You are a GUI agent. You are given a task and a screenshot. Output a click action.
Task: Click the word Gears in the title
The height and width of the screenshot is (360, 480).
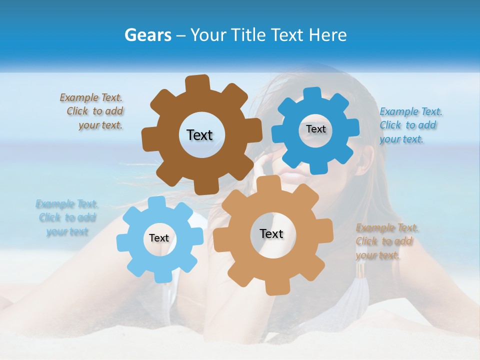pos(147,35)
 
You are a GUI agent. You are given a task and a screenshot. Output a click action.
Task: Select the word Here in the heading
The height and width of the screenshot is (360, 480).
pos(328,35)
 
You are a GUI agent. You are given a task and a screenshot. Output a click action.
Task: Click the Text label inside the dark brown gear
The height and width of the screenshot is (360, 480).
pos(199,135)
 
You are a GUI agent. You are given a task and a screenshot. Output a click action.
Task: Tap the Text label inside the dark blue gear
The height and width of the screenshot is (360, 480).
pos(315,129)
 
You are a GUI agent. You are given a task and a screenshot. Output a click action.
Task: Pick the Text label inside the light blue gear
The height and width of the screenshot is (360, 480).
pos(159,238)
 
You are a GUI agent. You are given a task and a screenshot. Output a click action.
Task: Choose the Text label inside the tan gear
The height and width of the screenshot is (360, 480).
pos(271,233)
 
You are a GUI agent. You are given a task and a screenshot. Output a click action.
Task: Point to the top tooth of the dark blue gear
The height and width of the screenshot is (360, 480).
pos(312,94)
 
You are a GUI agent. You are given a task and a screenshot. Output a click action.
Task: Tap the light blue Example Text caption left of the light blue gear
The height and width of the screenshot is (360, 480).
pos(67,217)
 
